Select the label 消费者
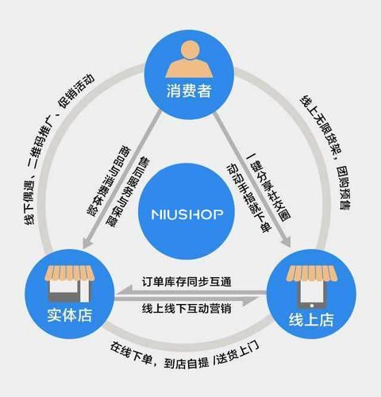pos(191,92)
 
